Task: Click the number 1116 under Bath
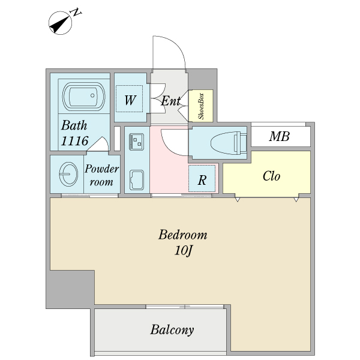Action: coord(74,141)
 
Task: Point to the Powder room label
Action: coord(101,175)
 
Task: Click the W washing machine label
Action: coord(130,100)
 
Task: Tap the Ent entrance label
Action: coord(170,101)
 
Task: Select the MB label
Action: coord(279,137)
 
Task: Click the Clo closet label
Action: coord(271,176)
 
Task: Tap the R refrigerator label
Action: coord(203,179)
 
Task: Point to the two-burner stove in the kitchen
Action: coord(136,142)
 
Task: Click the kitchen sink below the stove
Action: coord(136,179)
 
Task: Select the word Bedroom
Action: coord(183,235)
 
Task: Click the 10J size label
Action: coord(183,251)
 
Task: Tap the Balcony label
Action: coord(172,330)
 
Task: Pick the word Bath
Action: coord(74,126)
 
